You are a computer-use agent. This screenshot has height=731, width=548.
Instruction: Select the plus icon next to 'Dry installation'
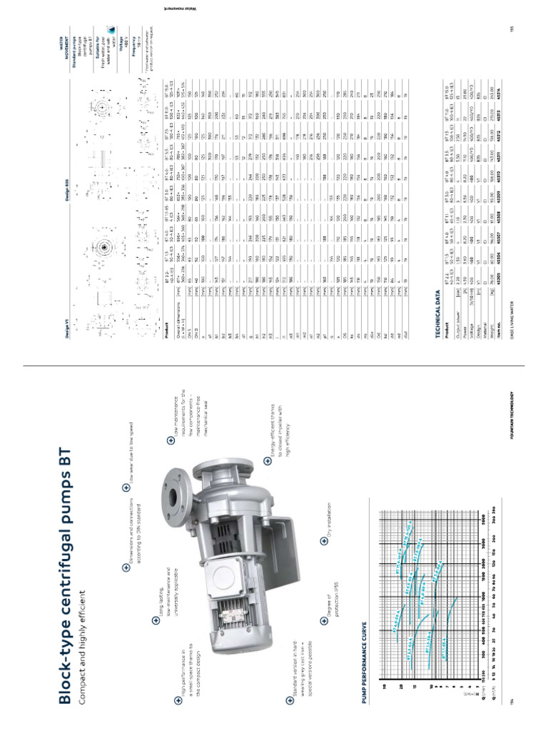tap(325, 540)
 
